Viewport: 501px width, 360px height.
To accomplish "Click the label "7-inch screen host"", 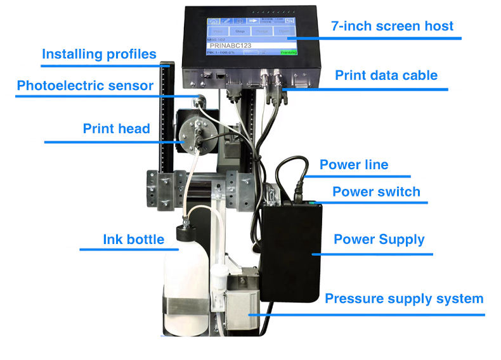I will tap(393, 26).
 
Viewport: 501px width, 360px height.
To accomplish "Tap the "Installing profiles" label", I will tap(99, 54).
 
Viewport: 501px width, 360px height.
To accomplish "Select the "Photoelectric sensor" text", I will tap(85, 85).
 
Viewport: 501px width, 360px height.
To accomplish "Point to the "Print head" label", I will tap(116, 129).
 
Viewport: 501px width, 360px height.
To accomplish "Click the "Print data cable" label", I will tap(386, 75).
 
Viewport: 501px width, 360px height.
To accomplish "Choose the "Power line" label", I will tap(354, 165).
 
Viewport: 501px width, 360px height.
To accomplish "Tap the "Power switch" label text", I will tap(376, 191).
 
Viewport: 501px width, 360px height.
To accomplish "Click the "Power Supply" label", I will tap(379, 240).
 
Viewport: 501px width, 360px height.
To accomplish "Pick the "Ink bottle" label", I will tap(133, 240).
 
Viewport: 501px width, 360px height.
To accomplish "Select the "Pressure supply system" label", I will tap(404, 299).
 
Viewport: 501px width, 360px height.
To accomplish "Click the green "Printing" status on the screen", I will tap(289, 53).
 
